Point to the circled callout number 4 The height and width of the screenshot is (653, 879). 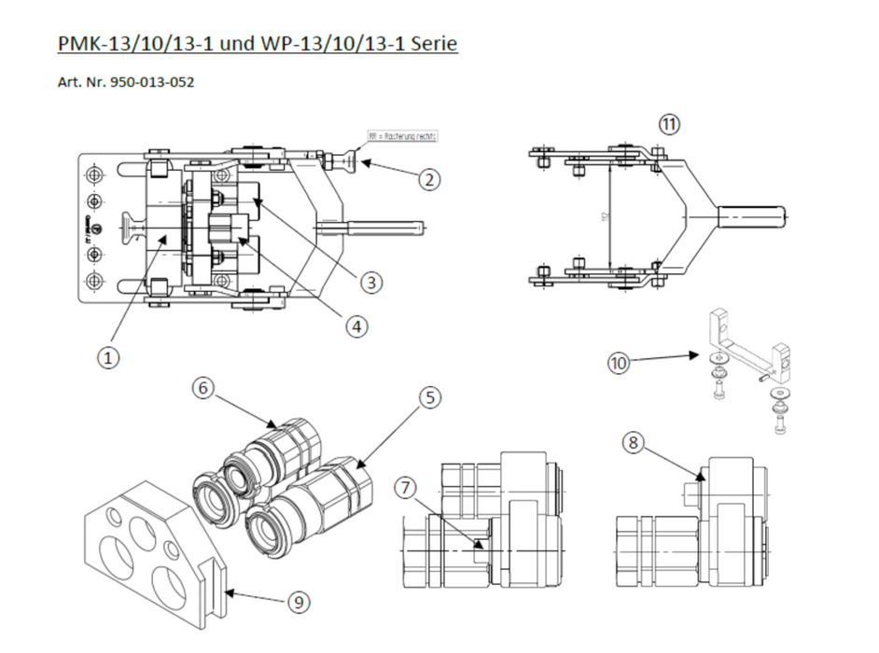coord(356,326)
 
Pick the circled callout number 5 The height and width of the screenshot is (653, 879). coord(428,398)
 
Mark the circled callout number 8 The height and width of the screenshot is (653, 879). coord(634,443)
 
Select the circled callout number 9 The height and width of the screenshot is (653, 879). coord(298,603)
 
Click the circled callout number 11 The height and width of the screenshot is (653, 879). coord(669,123)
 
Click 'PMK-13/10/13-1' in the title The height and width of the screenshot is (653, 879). coord(128,43)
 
